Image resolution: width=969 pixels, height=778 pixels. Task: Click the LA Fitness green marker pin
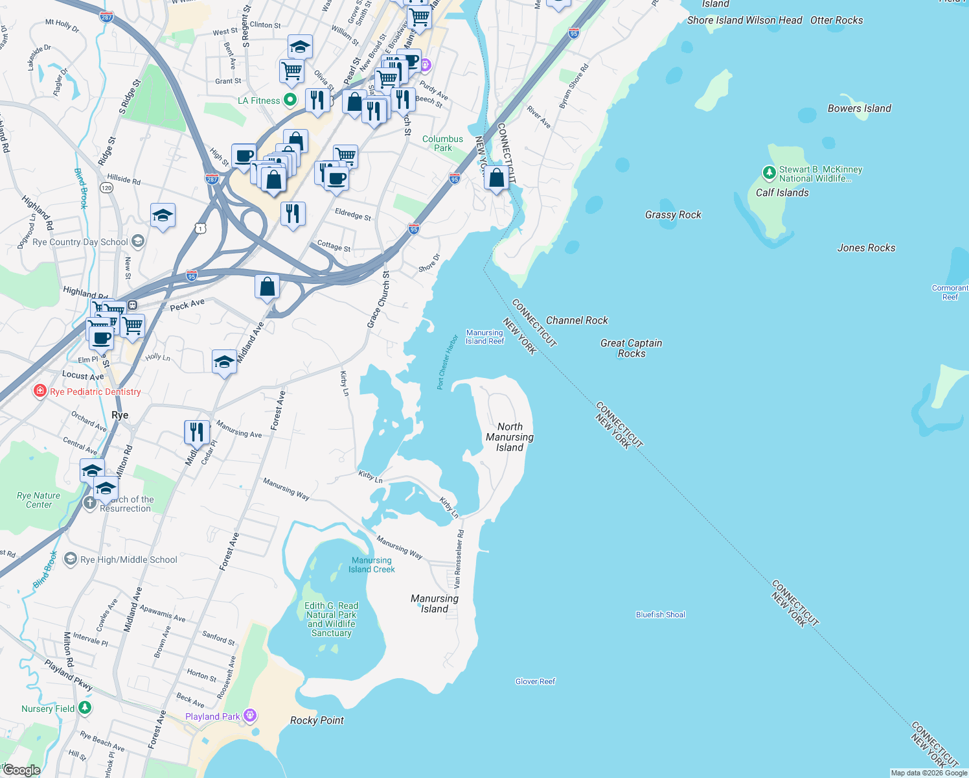[290, 100]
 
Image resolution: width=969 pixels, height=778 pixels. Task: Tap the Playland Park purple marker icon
[250, 716]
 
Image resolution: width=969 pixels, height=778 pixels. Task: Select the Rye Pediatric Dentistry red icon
[40, 391]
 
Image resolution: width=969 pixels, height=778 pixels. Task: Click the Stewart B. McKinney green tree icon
[769, 172]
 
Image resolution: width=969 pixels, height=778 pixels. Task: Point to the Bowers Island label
[859, 108]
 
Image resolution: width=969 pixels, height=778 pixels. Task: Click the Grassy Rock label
[673, 215]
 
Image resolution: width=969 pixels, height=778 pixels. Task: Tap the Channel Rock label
[576, 320]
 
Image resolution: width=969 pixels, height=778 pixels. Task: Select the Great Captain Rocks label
[631, 348]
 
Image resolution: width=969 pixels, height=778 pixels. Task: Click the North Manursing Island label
[510, 437]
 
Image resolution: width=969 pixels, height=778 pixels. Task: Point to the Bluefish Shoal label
[660, 615]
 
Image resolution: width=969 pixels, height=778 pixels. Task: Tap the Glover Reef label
[535, 681]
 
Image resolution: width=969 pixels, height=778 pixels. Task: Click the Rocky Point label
[317, 720]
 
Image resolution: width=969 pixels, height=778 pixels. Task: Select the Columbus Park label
[442, 143]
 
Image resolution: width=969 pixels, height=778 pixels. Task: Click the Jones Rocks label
[866, 248]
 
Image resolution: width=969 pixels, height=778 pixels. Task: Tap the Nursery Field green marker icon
[85, 707]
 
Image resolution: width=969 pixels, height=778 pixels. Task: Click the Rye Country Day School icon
[137, 242]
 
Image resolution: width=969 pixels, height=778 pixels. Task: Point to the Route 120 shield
[106, 187]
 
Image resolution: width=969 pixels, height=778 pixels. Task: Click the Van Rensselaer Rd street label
[459, 559]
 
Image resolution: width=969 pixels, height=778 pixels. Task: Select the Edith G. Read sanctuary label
[331, 619]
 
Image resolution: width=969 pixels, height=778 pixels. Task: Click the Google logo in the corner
[21, 770]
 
